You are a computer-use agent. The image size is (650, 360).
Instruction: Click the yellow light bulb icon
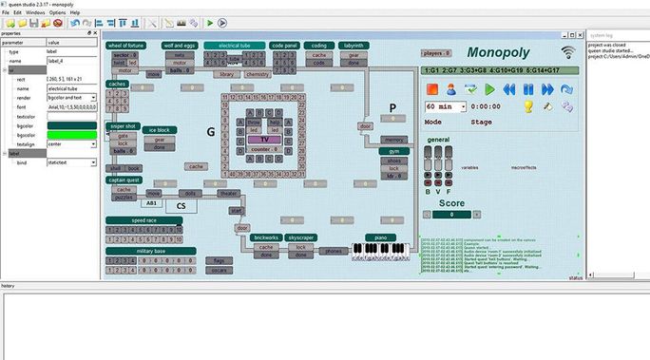point(529,106)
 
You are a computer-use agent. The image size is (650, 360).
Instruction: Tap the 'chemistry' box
point(257,73)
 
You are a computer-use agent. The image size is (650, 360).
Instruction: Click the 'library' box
point(226,73)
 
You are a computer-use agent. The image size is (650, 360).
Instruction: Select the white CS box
point(182,205)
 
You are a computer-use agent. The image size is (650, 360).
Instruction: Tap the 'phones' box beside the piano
point(333,251)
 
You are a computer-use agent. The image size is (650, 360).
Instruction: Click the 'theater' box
point(229,193)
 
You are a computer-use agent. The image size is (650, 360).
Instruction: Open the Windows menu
point(34,12)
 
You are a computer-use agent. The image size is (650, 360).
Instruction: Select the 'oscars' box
point(219,269)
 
